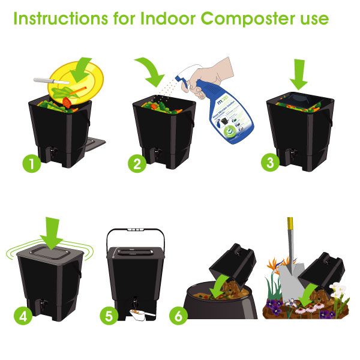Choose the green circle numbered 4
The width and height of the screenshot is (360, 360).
pos(23,316)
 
